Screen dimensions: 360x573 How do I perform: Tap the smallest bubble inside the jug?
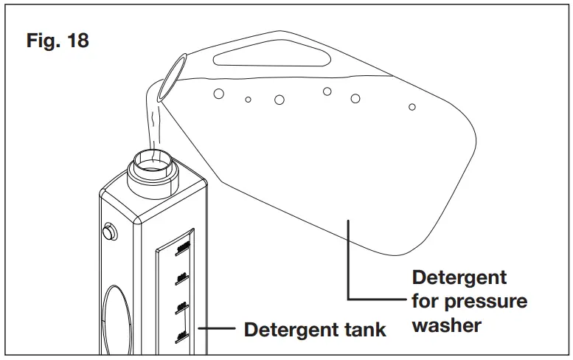pos(249,99)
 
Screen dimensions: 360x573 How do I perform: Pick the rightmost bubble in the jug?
pos(412,107)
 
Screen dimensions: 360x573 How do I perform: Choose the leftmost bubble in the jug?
pos(218,94)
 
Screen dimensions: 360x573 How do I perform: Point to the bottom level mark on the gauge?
pos(181,336)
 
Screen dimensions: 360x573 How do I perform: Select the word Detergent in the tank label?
pos(288,329)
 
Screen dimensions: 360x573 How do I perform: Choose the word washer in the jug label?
pos(447,325)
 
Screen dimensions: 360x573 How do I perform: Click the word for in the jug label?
pos(426,301)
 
